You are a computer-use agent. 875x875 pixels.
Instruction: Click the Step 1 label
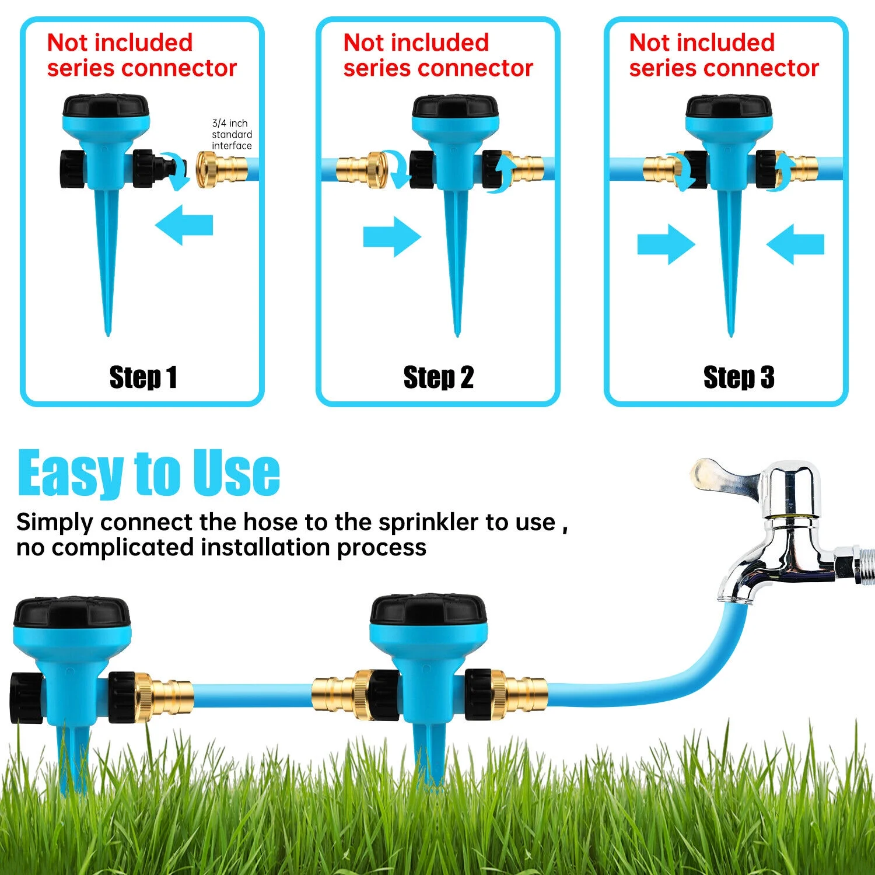coord(143,377)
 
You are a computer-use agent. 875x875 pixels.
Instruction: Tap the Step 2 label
coord(438,377)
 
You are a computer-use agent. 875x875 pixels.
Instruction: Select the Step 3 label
coord(738,377)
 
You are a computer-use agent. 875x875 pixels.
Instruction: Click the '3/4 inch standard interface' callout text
coord(232,135)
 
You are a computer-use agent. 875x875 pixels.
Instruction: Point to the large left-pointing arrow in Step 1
coord(184,225)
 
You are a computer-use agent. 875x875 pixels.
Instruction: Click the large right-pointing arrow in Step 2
coord(391,237)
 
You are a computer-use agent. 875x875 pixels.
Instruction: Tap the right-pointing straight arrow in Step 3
coord(666,244)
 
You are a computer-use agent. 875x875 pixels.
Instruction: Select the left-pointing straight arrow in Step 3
coord(795,244)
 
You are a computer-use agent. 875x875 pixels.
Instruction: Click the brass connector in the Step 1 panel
coord(222,169)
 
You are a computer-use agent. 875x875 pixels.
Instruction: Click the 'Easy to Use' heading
coord(149,473)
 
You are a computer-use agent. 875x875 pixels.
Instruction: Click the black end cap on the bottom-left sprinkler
coord(26,698)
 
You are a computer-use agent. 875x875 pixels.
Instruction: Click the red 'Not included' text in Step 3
coord(702,43)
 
